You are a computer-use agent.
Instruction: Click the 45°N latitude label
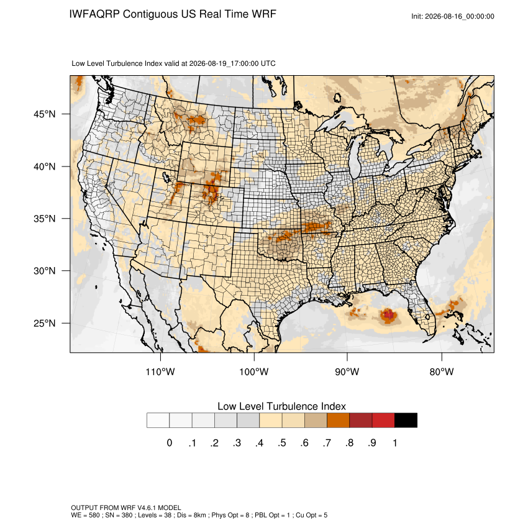point(45,114)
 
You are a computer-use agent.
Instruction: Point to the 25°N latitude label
point(45,323)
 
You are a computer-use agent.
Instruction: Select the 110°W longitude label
point(160,371)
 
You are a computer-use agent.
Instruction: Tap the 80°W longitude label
point(442,371)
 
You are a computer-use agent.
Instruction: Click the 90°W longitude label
point(347,371)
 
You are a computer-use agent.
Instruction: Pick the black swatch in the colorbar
point(406,421)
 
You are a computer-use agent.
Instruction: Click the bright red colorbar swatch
point(383,421)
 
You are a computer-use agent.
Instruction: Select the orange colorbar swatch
point(338,421)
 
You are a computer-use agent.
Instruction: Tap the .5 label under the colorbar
point(282,443)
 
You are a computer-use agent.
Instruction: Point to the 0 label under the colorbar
point(170,443)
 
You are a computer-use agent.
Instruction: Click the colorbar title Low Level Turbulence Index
point(281,406)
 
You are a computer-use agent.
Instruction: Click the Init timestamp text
point(453,16)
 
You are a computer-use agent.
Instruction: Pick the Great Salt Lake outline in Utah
point(166,177)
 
